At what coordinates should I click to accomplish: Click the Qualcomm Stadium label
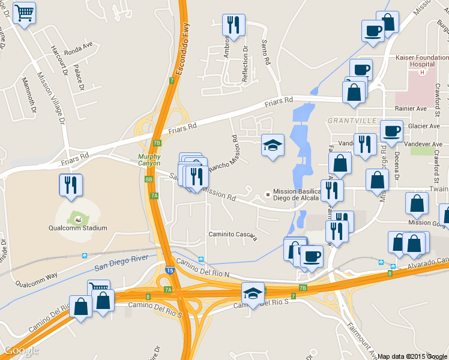pyautogui.click(x=78, y=228)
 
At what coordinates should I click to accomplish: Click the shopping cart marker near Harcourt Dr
pyautogui.click(x=24, y=13)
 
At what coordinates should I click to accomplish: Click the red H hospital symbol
pyautogui.click(x=422, y=73)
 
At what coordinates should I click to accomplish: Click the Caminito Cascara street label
pyautogui.click(x=233, y=234)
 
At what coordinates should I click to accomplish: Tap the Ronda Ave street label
pyautogui.click(x=79, y=45)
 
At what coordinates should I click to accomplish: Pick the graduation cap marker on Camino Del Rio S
pyautogui.click(x=253, y=294)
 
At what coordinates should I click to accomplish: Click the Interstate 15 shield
pyautogui.click(x=170, y=271)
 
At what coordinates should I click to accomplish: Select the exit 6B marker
pyautogui.click(x=149, y=179)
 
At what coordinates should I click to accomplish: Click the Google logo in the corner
pyautogui.click(x=21, y=350)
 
